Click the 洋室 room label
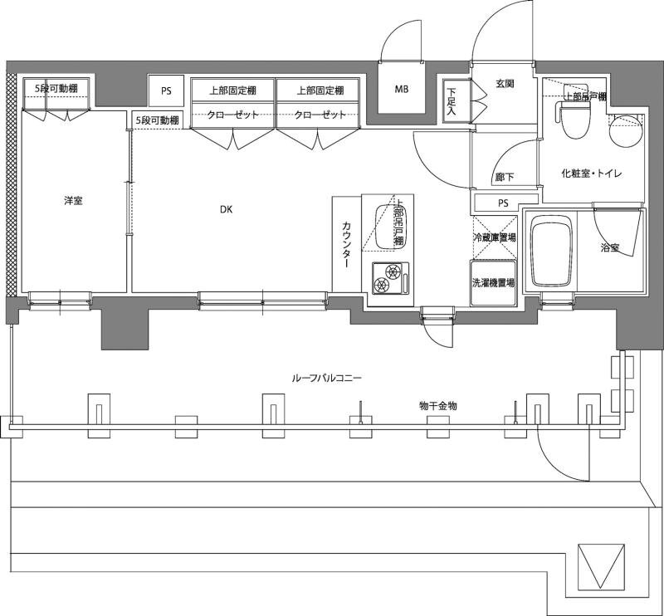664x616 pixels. [x=73, y=201]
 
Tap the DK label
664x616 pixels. [x=226, y=209]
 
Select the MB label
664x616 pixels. [x=402, y=89]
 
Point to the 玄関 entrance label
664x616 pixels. [x=505, y=84]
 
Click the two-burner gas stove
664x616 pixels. [x=390, y=278]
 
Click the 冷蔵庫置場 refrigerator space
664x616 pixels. [x=494, y=237]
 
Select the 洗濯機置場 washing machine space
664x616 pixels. [x=494, y=282]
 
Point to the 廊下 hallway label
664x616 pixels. [x=505, y=177]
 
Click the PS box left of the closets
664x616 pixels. [x=166, y=90]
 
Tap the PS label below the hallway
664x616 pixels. [x=503, y=203]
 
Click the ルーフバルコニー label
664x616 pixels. [x=326, y=378]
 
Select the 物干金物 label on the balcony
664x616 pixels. [x=438, y=406]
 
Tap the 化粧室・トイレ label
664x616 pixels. [x=591, y=173]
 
